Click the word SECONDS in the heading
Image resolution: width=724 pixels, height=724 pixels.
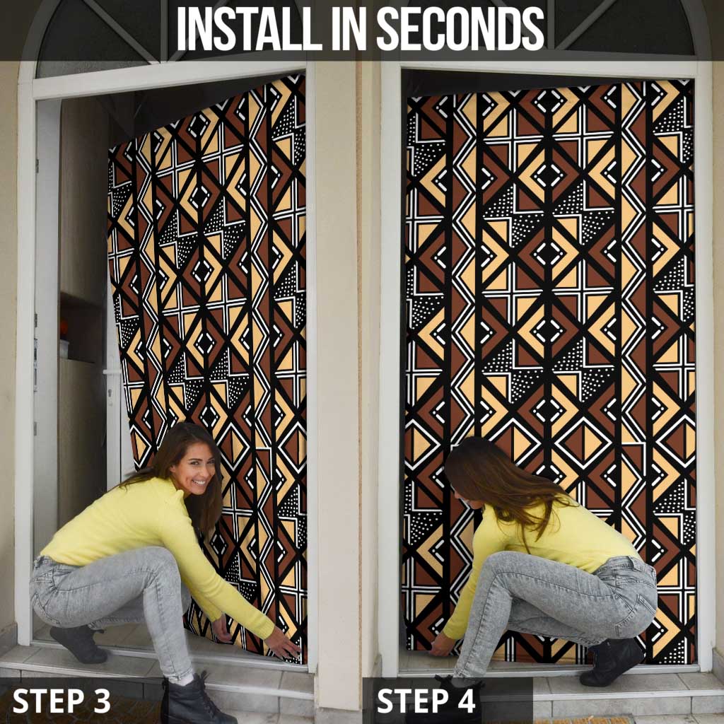click(460, 29)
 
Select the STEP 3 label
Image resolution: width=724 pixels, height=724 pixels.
click(62, 701)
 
